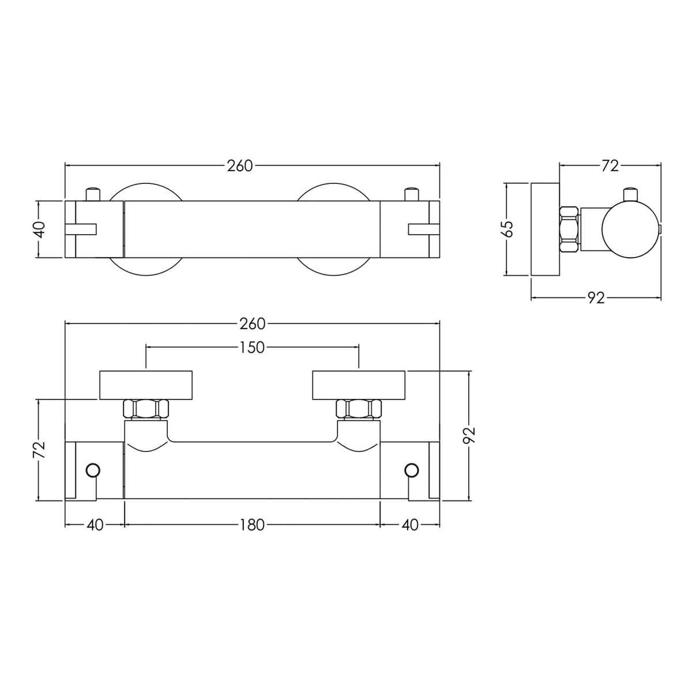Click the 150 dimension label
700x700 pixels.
point(252,347)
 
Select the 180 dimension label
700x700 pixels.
point(252,525)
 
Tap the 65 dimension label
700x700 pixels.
point(507,229)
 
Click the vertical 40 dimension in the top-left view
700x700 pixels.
point(39,229)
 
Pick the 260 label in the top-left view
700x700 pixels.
point(239,166)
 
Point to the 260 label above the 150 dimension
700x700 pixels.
point(252,324)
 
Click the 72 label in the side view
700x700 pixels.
point(609,166)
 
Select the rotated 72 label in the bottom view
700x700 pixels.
point(39,450)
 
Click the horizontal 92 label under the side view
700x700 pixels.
point(596,298)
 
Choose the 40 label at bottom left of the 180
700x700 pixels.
point(95,525)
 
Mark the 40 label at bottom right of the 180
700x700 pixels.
point(410,525)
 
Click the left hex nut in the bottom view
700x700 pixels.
point(146,409)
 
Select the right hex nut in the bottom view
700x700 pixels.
point(359,409)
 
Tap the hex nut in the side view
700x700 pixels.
point(569,229)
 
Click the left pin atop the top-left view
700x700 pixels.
point(93,194)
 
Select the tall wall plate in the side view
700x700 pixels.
point(545,229)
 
